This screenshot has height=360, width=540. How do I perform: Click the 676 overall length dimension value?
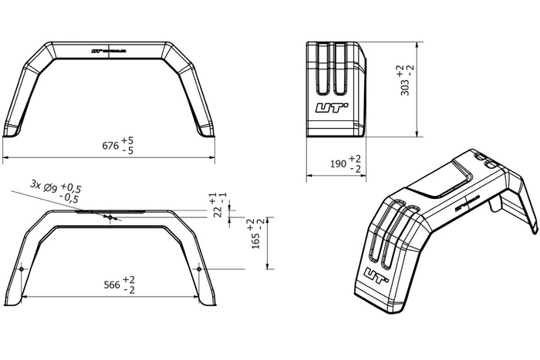click(x=110, y=145)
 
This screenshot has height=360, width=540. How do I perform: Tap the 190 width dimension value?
click(x=338, y=163)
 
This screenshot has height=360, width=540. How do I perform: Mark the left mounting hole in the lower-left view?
click(x=22, y=268)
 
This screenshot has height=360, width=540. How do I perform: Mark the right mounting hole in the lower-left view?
click(x=200, y=268)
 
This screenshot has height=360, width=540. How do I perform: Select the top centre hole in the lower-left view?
click(x=111, y=217)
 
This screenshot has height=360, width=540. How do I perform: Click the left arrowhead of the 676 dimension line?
click(x=5, y=156)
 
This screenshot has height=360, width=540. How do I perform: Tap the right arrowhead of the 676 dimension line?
click(x=213, y=156)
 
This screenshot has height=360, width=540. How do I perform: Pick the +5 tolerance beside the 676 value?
click(x=127, y=140)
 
